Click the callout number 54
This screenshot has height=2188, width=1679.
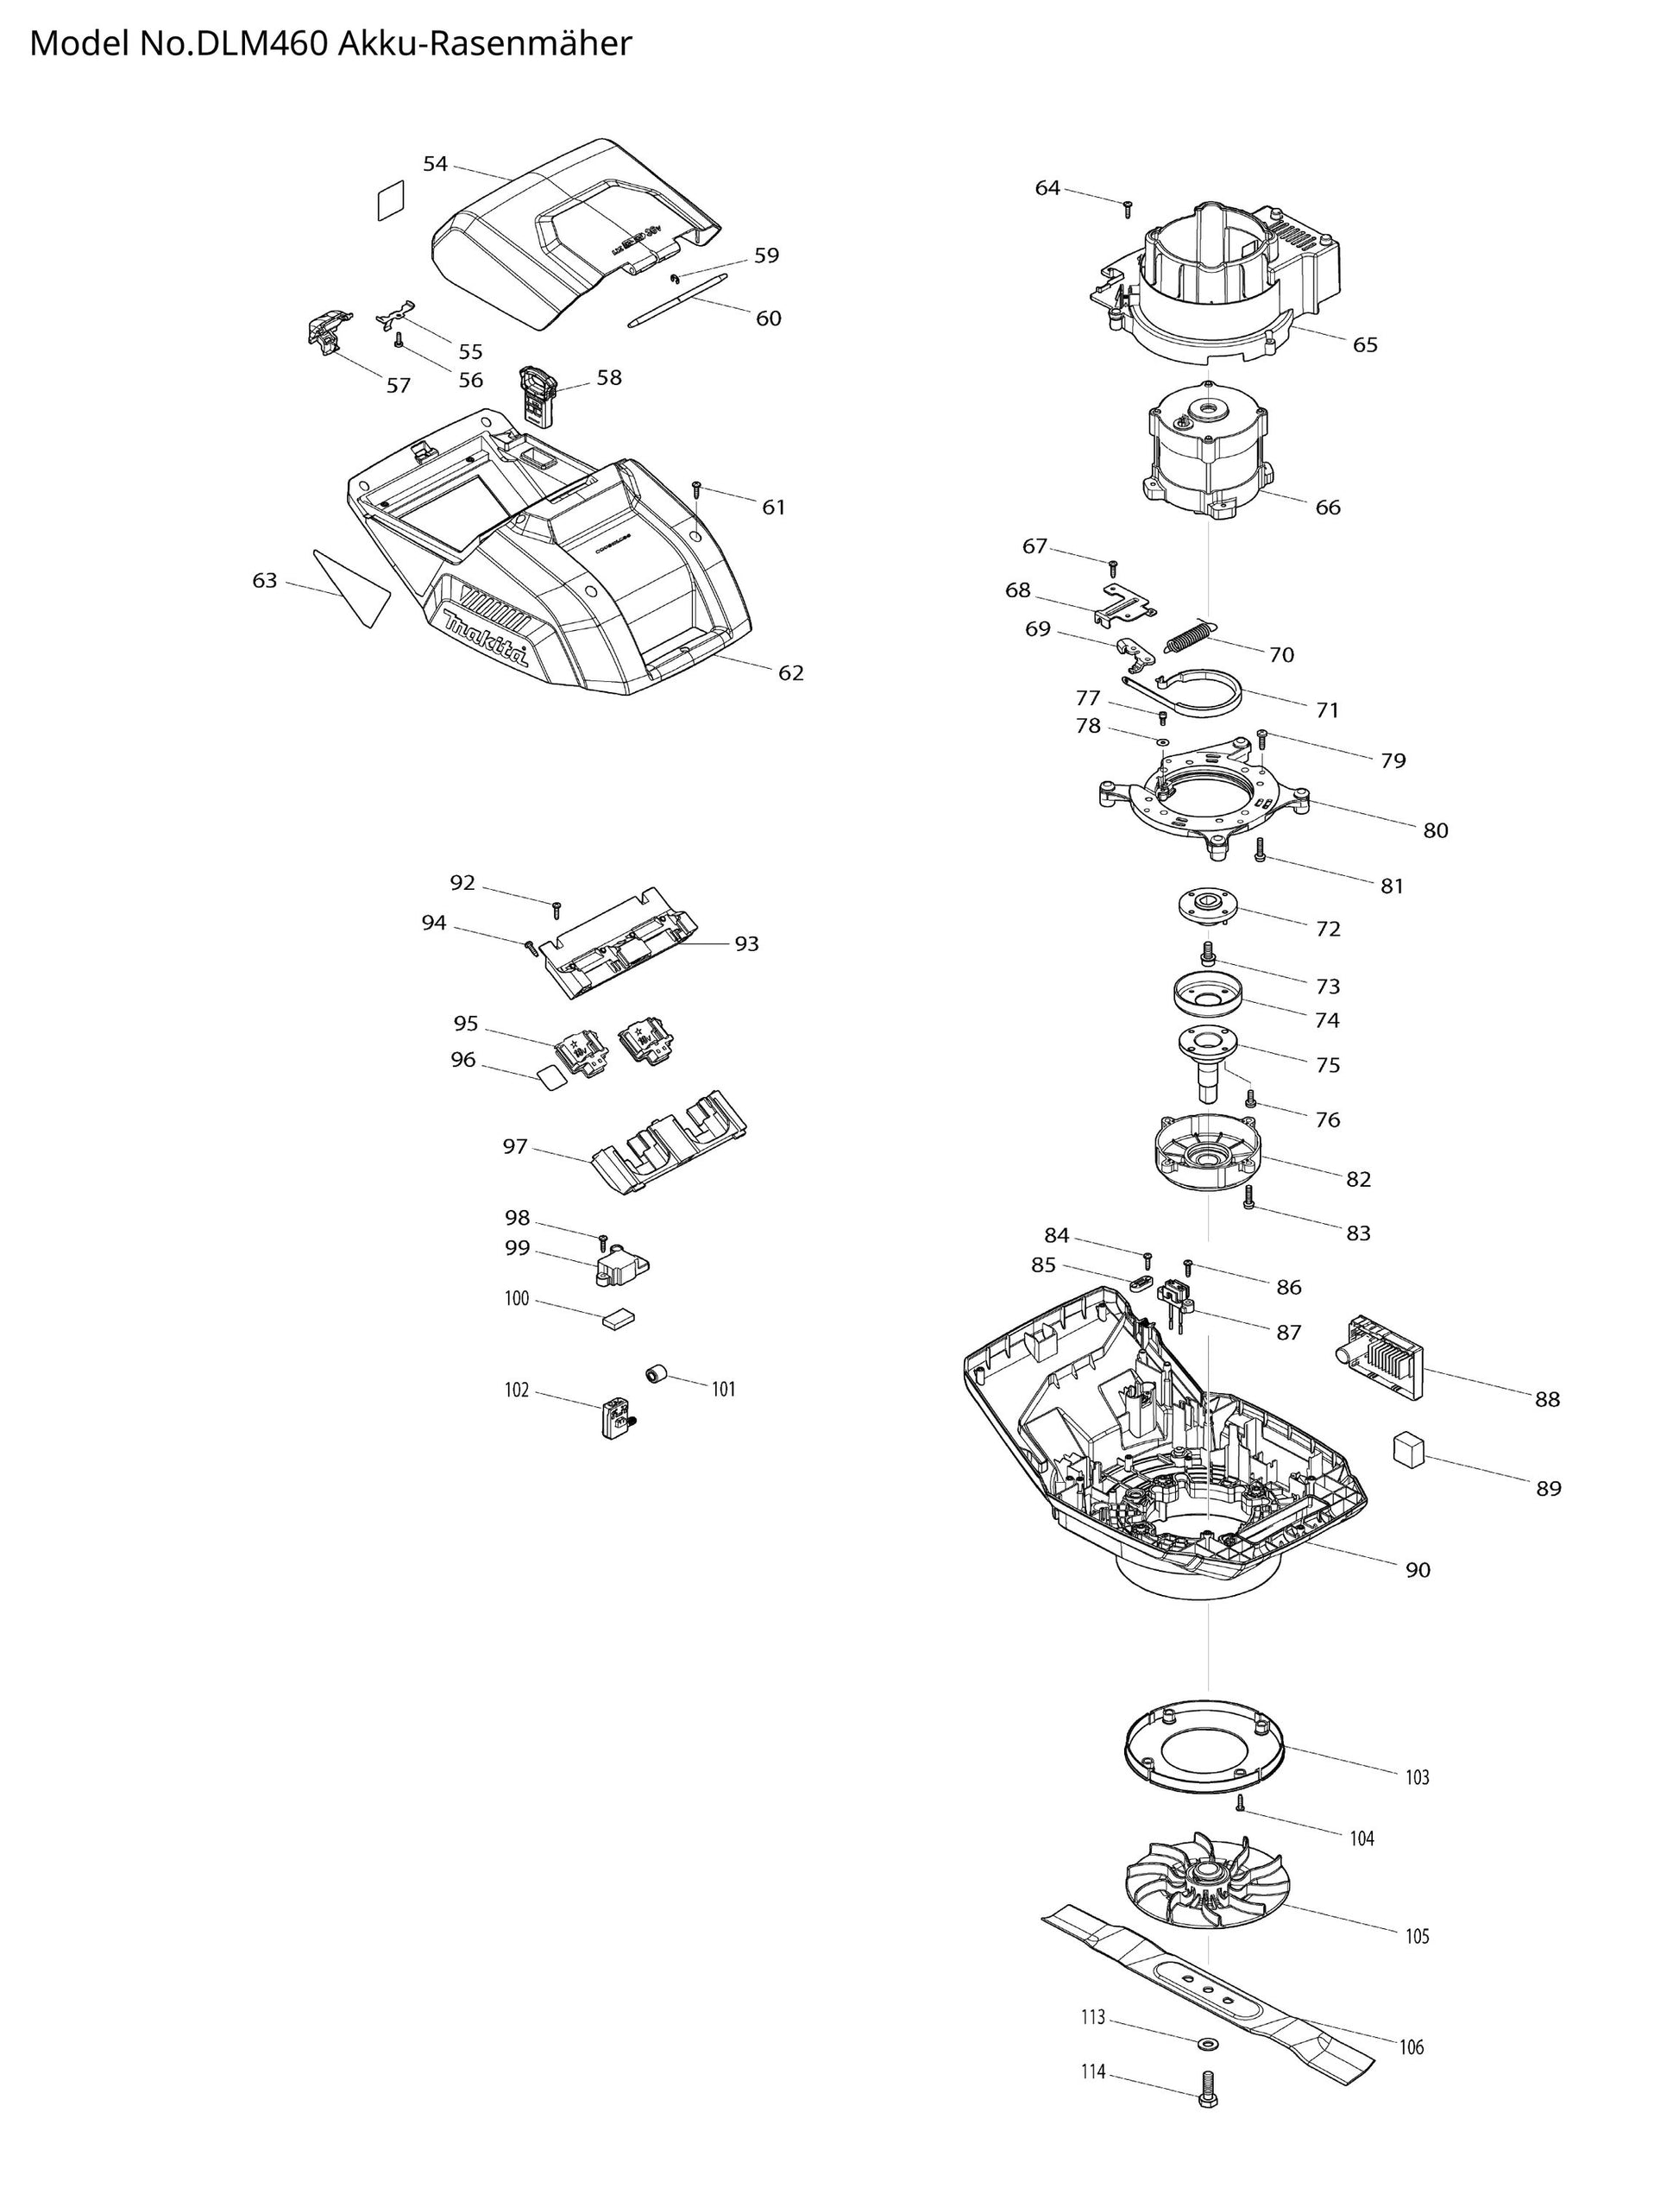[435, 164]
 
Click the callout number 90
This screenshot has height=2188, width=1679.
[1418, 1569]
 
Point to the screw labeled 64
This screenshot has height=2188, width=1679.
[1128, 207]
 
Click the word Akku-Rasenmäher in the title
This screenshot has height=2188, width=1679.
[485, 44]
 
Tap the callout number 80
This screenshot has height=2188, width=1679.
[1435, 829]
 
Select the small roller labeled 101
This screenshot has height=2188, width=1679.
[656, 1375]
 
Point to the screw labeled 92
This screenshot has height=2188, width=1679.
[557, 908]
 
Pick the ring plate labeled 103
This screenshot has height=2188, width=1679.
[1204, 1748]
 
